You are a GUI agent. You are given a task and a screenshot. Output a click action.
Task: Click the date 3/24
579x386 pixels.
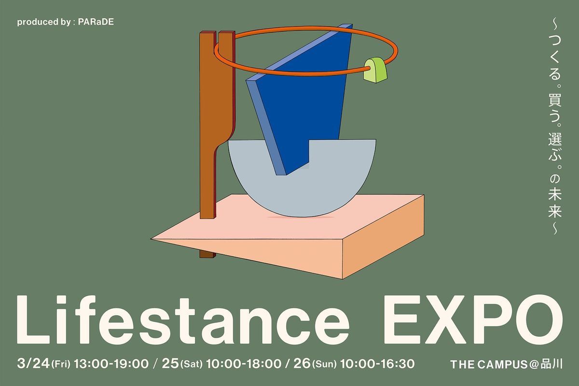[x=32, y=363]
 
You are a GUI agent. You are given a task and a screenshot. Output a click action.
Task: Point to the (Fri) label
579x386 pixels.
[x=61, y=364]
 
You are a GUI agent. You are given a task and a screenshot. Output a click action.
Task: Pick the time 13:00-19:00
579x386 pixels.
[x=110, y=363]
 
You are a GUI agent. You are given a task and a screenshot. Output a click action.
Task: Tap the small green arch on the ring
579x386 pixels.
[x=376, y=69]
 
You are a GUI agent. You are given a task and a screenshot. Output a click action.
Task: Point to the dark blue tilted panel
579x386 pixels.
[x=309, y=101]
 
